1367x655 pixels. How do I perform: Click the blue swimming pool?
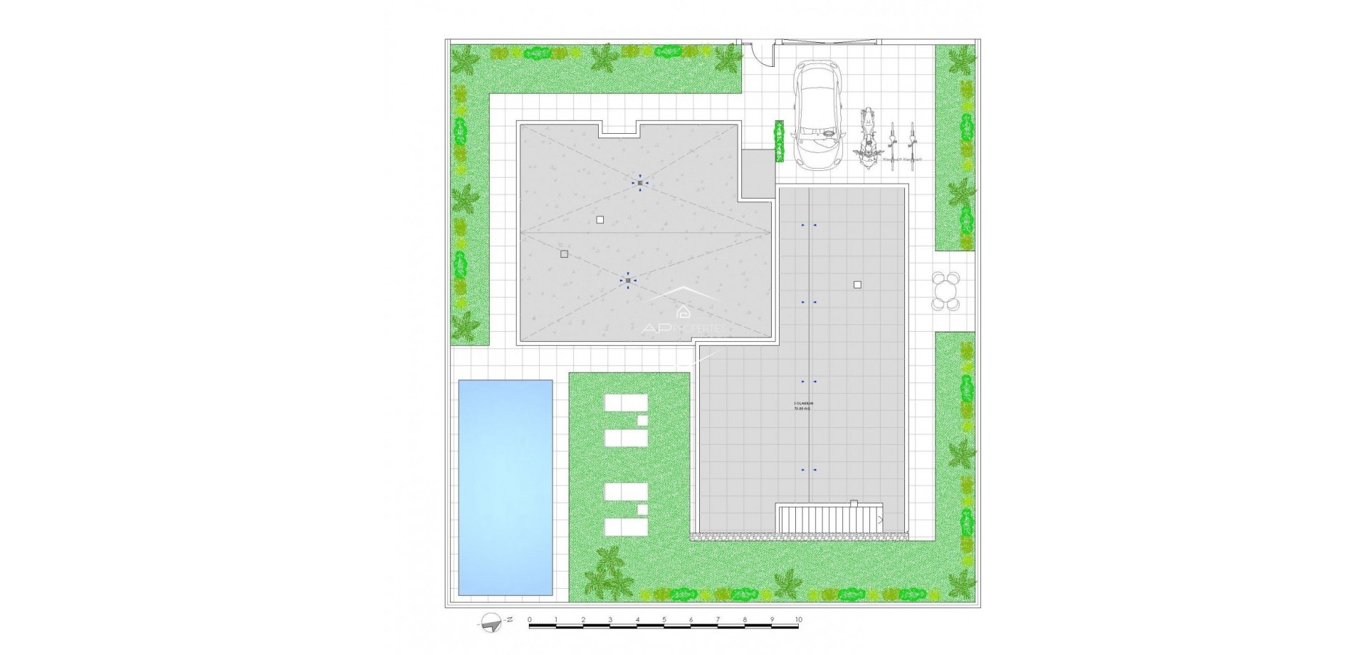pos(506,487)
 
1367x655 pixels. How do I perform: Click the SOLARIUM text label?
pos(802,403)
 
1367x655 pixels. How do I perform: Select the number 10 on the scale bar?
pos(798,620)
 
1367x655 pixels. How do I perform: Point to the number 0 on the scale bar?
pos(530,620)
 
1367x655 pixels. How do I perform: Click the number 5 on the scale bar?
pos(664,620)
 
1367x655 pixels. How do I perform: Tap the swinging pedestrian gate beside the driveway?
pos(757,54)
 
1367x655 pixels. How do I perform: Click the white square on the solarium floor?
pos(857,285)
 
